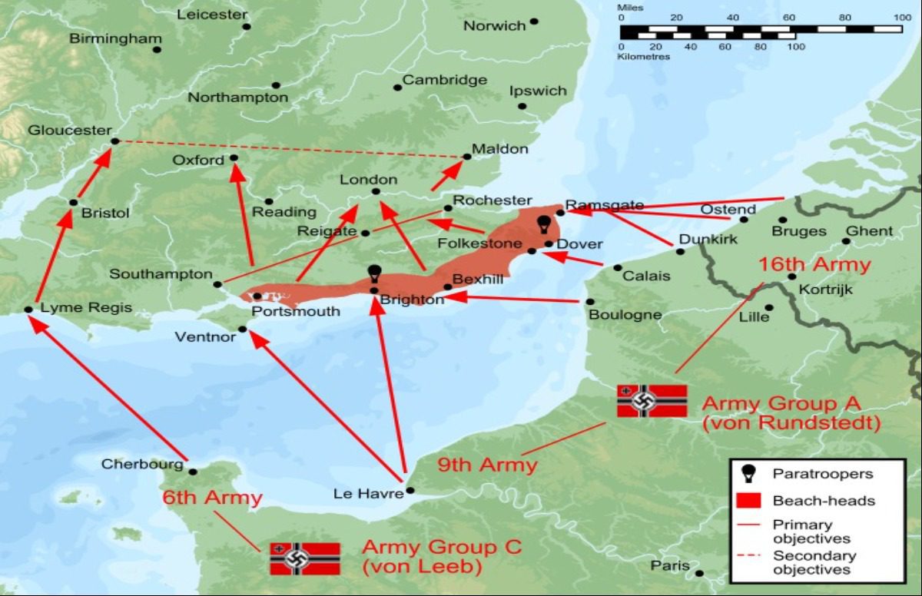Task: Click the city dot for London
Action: (376, 191)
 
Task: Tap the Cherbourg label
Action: (143, 465)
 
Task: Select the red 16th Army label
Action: (814, 266)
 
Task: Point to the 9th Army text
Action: (487, 465)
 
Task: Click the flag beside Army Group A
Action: (652, 401)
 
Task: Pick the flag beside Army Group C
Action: (305, 558)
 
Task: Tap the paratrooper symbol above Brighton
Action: (375, 273)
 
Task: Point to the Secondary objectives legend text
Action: (814, 562)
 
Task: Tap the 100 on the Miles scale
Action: (892, 17)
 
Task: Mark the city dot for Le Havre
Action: (410, 490)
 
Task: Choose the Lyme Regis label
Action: (86, 308)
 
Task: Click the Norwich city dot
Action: (534, 22)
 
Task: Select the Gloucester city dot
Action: (114, 141)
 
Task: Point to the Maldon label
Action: (500, 149)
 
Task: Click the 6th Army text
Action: (212, 498)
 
